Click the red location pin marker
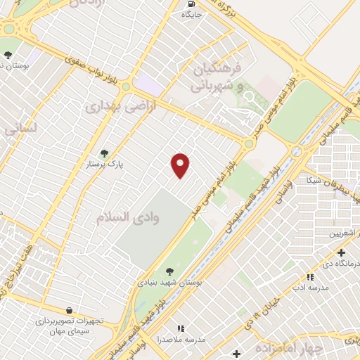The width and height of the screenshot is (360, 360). click(181, 164)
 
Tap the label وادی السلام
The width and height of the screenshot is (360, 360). click(128, 217)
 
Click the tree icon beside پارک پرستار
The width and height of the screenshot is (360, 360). click(104, 153)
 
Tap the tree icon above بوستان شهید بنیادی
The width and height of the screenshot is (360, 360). click(169, 271)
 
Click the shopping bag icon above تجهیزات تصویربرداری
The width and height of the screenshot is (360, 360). click(69, 310)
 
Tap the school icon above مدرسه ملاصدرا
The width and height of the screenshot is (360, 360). click(181, 328)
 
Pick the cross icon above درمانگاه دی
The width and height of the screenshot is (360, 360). click(341, 252)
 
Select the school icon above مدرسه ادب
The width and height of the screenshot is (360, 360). click(310, 277)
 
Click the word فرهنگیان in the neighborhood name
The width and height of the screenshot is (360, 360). click(217, 69)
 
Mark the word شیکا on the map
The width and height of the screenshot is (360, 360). click(311, 181)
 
